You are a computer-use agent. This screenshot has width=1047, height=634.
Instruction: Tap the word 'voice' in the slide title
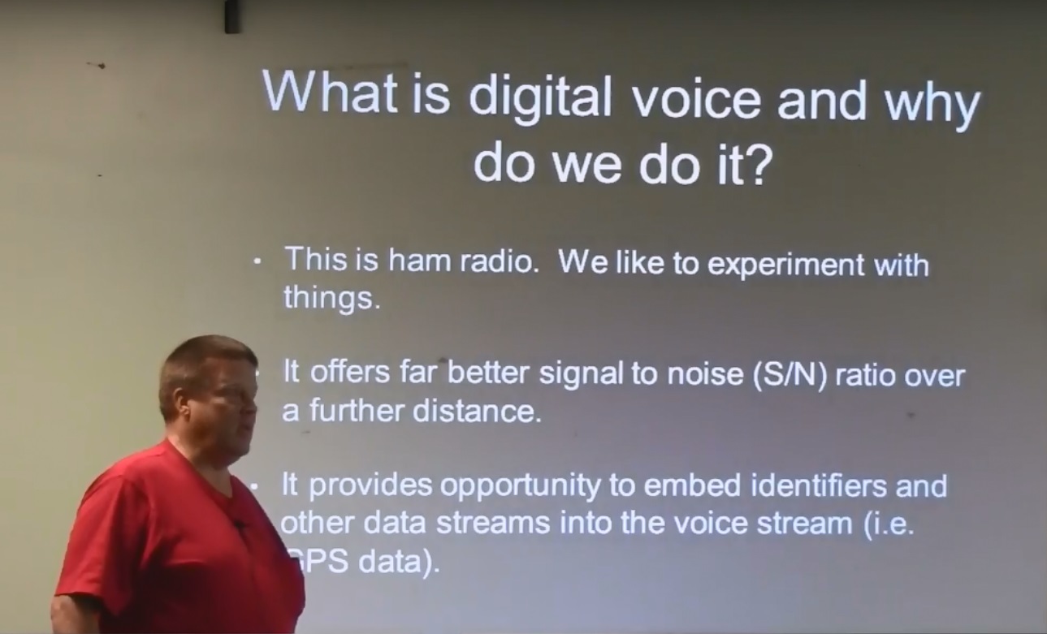pos(696,101)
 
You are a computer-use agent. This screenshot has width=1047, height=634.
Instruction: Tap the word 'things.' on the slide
pos(332,298)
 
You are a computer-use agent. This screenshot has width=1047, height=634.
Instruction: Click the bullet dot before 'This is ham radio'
pos(257,261)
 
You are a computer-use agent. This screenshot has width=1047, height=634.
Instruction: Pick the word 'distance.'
pos(478,411)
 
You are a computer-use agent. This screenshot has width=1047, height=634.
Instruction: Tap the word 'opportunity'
pos(520,487)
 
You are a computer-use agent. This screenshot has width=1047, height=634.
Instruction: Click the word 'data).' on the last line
pos(400,562)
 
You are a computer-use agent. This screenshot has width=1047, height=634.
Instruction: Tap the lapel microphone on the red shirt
pos(239,525)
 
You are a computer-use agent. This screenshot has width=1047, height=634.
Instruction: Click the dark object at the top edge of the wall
pos(232,16)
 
